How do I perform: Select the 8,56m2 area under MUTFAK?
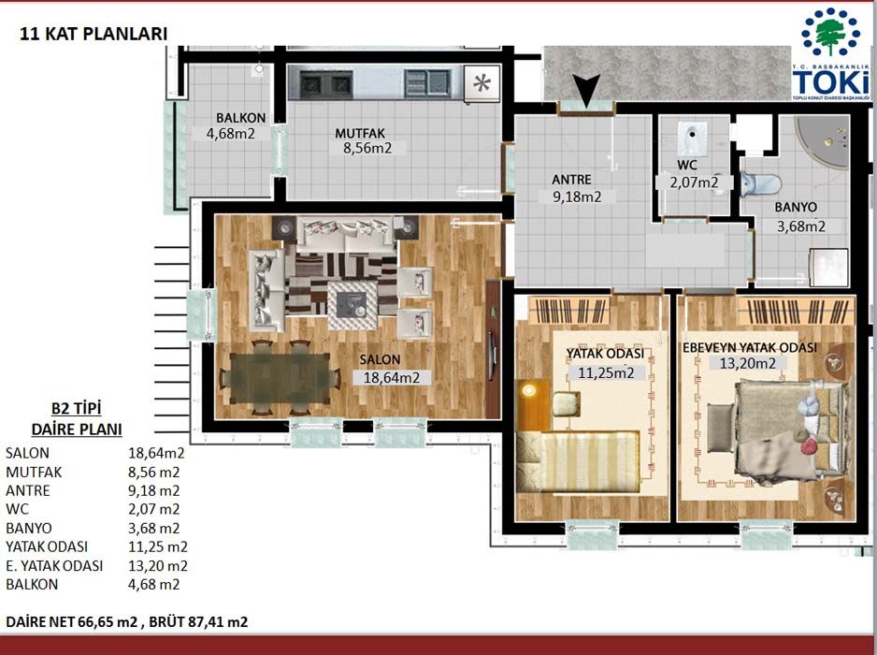click(x=367, y=149)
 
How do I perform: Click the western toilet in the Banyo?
click(x=761, y=183)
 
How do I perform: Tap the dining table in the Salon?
click(x=280, y=378)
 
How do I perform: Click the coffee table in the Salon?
click(x=352, y=305)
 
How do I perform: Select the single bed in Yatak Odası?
click(x=579, y=462)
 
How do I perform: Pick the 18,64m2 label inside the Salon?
click(x=392, y=378)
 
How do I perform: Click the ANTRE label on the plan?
click(x=571, y=180)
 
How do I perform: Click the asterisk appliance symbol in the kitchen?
click(x=482, y=83)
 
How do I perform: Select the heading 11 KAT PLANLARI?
click(x=93, y=34)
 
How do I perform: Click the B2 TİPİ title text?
click(x=77, y=409)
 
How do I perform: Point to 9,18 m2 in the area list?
click(x=154, y=491)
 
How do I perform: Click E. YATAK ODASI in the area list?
click(x=54, y=566)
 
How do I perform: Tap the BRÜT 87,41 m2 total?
click(x=198, y=622)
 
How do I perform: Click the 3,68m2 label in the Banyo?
click(x=801, y=226)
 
